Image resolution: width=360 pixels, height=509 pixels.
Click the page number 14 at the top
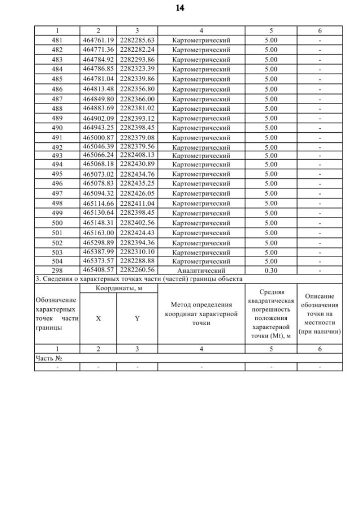click(x=180, y=8)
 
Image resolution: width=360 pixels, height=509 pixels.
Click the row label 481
click(x=57, y=40)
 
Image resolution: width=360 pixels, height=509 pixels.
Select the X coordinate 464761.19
click(x=98, y=40)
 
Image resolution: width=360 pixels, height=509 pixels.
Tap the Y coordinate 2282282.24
click(x=137, y=49)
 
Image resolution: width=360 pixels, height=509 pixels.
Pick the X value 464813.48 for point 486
click(x=98, y=89)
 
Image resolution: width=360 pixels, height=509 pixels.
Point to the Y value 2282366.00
click(x=137, y=99)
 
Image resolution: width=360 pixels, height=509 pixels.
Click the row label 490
click(x=57, y=128)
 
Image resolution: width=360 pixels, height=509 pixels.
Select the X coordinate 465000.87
click(x=98, y=137)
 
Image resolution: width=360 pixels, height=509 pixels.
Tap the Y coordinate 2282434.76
click(x=137, y=174)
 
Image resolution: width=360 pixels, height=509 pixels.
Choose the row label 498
click(x=57, y=203)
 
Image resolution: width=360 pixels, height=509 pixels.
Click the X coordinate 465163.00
click(x=98, y=232)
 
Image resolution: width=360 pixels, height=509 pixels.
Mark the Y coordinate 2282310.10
click(x=137, y=252)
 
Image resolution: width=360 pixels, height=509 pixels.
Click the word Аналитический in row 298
click(x=201, y=271)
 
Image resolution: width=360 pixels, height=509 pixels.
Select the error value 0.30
click(x=271, y=271)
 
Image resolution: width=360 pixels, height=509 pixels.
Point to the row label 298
click(x=57, y=271)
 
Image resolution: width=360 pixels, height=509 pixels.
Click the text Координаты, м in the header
click(x=119, y=288)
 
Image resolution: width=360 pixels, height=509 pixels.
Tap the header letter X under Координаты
click(x=98, y=318)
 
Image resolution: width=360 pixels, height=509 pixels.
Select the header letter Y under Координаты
click(x=137, y=318)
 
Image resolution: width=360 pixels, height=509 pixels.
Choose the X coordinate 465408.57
click(x=98, y=271)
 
